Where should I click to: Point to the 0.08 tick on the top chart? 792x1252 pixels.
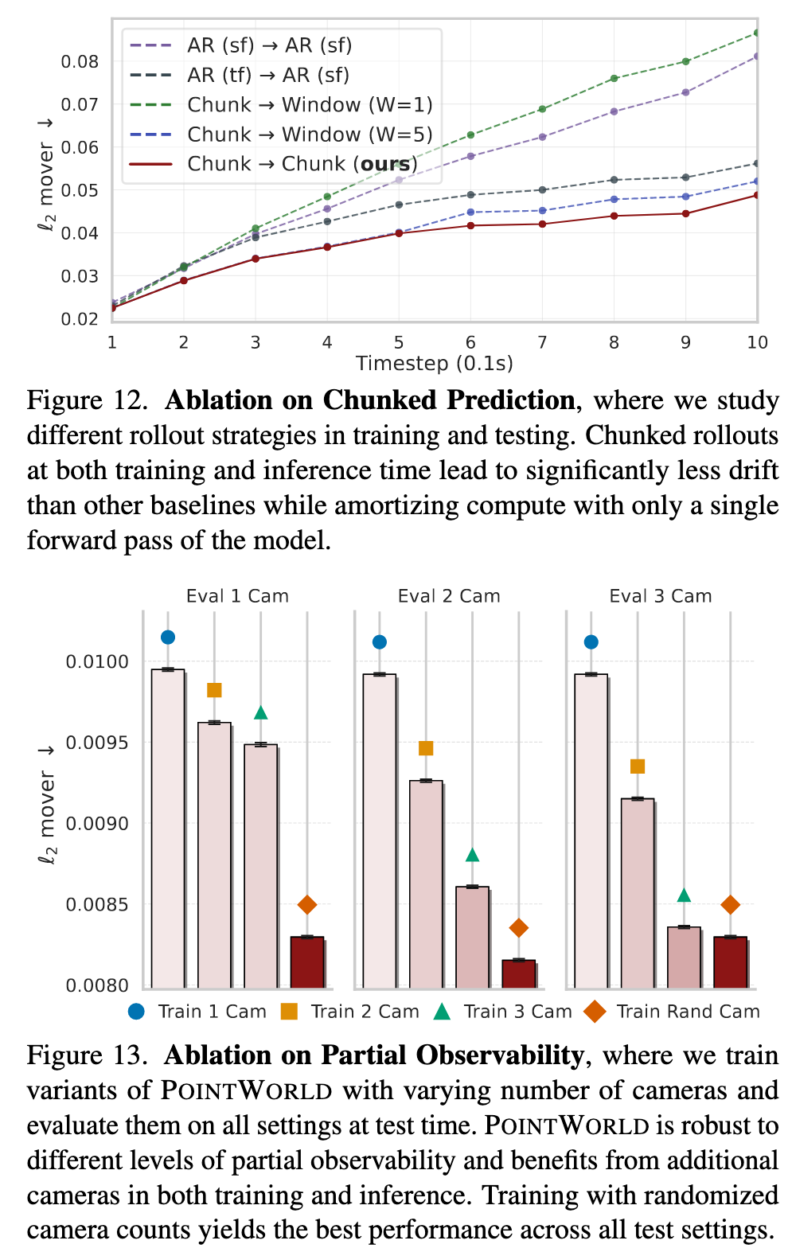coord(80,61)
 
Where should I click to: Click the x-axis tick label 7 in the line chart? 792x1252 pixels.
coord(542,342)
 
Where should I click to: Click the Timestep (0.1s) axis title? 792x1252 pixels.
coord(434,364)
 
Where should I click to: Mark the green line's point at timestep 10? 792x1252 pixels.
coord(756,33)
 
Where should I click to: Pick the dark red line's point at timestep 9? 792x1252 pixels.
coord(685,213)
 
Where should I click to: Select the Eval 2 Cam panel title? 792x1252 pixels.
coord(449,596)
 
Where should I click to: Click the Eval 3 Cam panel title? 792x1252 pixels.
coord(660,596)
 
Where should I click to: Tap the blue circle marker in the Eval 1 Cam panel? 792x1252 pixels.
coord(167,637)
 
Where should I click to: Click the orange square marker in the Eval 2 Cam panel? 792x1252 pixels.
coord(426,748)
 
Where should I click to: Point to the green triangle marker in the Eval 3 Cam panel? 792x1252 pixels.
coord(684,895)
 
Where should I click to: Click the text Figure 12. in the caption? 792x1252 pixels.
coord(88,400)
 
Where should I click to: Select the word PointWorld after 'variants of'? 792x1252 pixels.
coord(246,1090)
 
